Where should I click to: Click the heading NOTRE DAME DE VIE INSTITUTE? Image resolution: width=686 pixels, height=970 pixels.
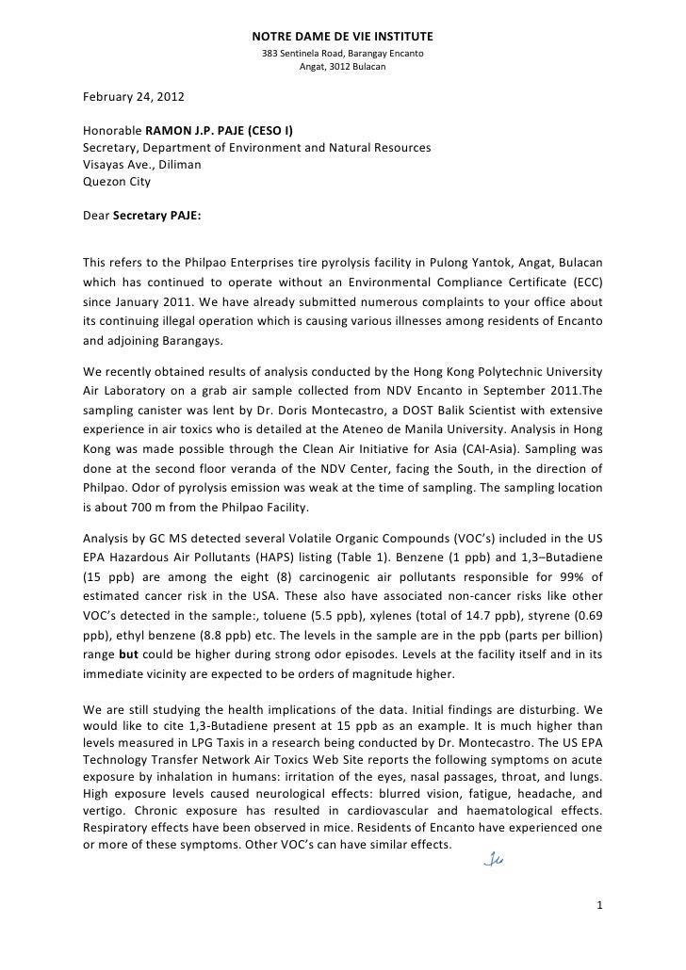342,37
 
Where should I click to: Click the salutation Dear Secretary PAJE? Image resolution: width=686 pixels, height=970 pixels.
141,214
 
